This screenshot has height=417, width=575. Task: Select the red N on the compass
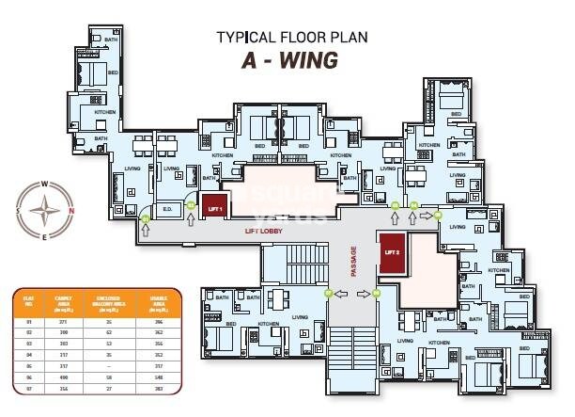[x=70, y=209]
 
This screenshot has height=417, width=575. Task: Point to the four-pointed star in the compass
[x=43, y=210]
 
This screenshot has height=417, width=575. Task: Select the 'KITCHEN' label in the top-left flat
[x=105, y=111]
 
